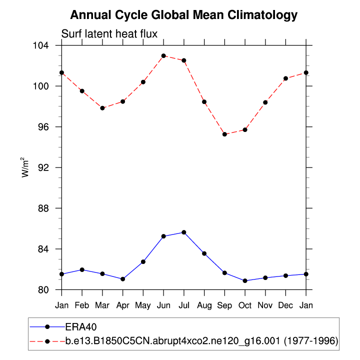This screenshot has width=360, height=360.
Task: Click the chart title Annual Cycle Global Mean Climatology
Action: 183,15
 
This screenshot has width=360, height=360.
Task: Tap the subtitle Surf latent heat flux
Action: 109,34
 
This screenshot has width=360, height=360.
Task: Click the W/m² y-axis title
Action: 25,167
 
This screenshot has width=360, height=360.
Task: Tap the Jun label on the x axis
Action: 163,304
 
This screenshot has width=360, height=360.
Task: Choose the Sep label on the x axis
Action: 224,304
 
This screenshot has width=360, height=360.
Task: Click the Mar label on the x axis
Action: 102,304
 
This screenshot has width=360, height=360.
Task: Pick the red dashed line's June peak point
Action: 163,55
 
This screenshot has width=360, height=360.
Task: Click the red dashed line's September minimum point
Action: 224,134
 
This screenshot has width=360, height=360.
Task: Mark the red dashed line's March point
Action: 102,108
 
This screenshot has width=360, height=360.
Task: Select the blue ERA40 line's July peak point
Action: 184,232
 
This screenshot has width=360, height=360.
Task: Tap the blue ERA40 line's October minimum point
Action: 245,281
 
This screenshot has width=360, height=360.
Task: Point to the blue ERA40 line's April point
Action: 123,279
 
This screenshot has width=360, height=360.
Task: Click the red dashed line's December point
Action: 286,78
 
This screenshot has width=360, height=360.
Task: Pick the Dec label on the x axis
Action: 286,304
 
